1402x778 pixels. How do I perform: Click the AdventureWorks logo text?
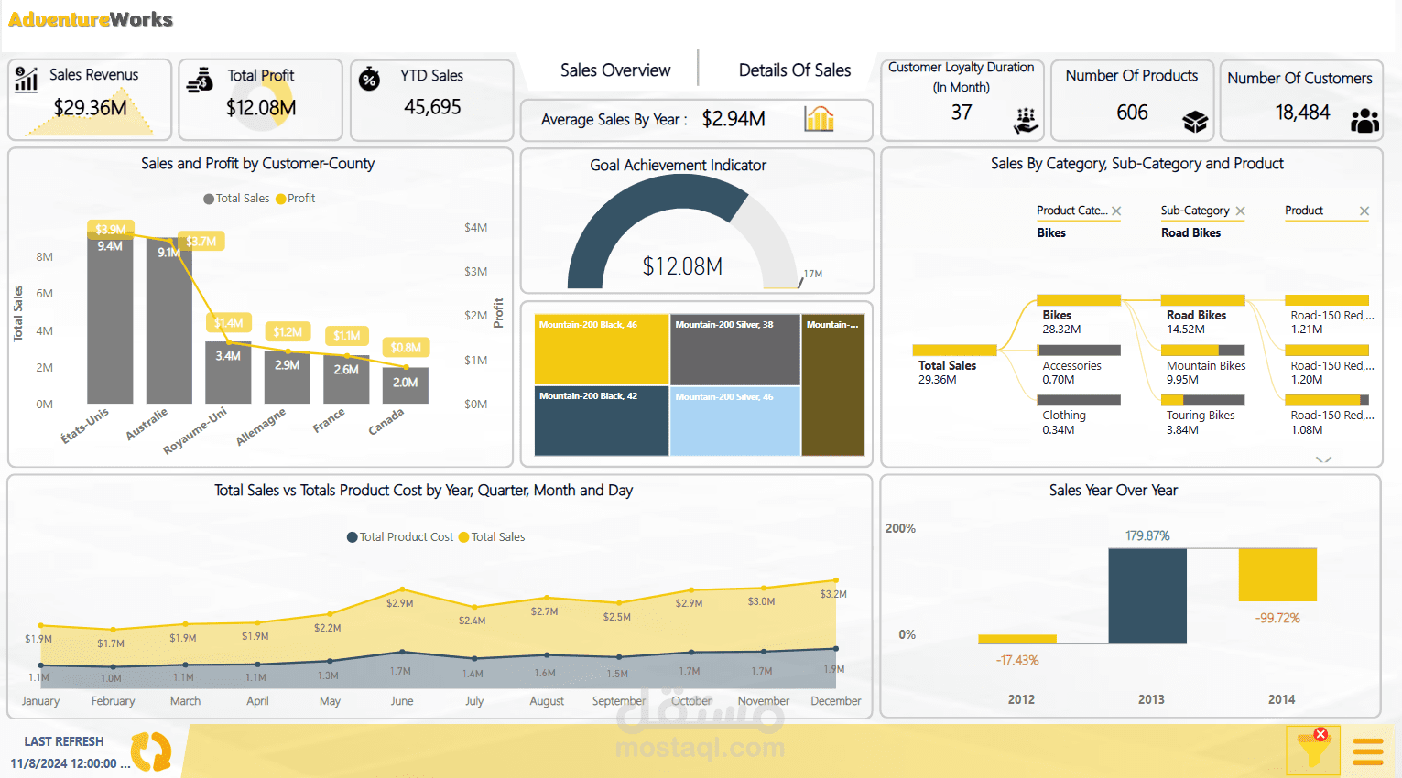(91, 19)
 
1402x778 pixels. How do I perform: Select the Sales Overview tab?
(614, 70)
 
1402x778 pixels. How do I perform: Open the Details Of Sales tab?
(794, 70)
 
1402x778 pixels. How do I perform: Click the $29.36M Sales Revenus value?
(90, 108)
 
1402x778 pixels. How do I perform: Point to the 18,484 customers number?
(1302, 113)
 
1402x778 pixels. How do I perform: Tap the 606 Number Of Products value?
(1132, 113)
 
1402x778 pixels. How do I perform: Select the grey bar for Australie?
(168, 330)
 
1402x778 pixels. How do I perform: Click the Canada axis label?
(386, 421)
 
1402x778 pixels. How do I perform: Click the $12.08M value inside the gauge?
(682, 266)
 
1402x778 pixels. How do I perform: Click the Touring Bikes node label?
(1200, 416)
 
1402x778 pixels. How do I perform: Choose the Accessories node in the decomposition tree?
(1071, 366)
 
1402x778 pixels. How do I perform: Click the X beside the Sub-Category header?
(1240, 211)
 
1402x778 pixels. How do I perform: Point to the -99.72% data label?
(1277, 619)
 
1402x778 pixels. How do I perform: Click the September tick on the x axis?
(618, 701)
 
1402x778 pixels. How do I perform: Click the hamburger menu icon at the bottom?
(1367, 751)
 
